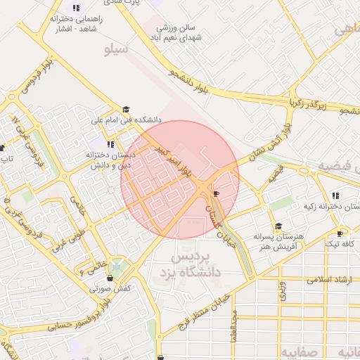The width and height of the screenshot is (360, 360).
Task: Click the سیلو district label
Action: click(115, 50)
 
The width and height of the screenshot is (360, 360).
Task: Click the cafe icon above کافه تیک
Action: click(340, 233)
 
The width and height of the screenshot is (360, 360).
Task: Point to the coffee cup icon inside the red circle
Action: click(216, 193)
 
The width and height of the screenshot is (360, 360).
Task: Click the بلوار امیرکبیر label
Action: click(174, 160)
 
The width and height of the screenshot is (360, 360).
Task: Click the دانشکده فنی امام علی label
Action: click(127, 120)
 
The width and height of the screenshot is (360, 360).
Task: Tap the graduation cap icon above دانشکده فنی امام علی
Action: click(127, 110)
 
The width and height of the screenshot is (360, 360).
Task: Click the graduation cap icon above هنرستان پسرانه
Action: click(278, 226)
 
